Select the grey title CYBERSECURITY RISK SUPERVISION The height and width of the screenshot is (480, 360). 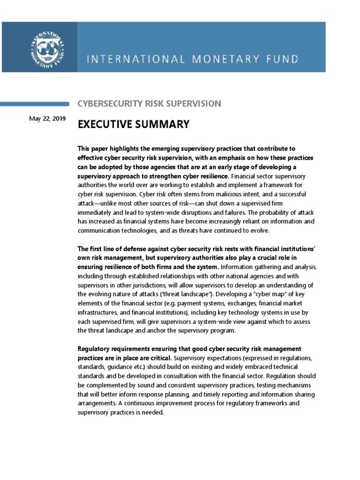pos(149,104)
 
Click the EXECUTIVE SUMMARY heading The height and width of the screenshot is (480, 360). pos(134,124)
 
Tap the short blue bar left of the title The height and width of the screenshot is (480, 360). pos(35,104)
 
